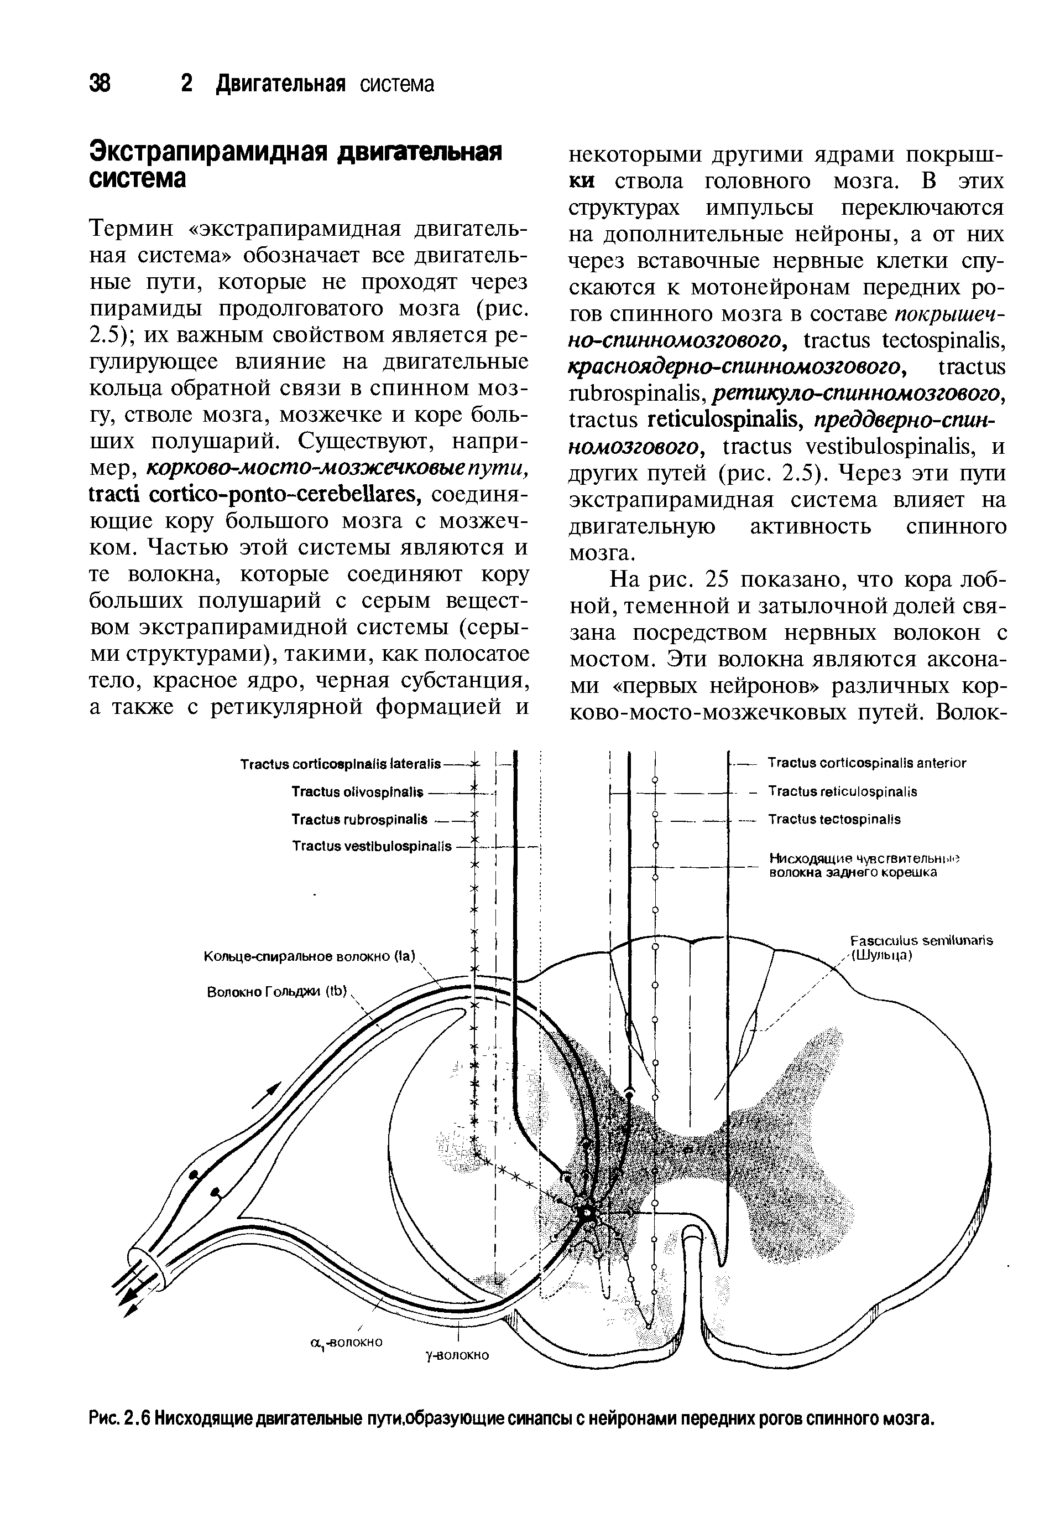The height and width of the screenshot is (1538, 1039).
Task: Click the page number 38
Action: pyautogui.click(x=100, y=84)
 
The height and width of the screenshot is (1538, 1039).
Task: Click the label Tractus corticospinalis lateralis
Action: pyautogui.click(x=340, y=765)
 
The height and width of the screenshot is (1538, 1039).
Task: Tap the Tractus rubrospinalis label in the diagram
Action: pyautogui.click(x=360, y=819)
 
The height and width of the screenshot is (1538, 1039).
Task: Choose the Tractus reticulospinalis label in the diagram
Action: pyautogui.click(x=842, y=791)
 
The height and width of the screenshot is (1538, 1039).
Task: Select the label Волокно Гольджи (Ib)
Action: pyautogui.click(x=277, y=991)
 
